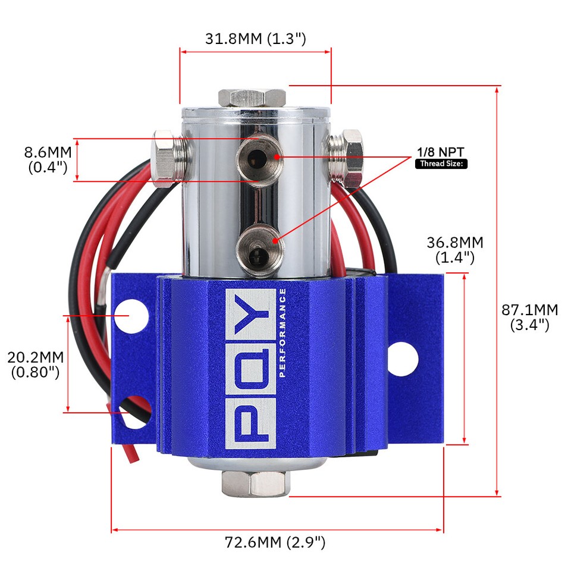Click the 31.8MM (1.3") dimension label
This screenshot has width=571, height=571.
point(255,39)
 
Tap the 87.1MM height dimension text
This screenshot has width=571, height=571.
point(530,318)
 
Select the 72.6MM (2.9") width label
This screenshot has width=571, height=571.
point(275,542)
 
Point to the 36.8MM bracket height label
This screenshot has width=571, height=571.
point(455,250)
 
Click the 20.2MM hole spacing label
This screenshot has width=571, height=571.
point(36,365)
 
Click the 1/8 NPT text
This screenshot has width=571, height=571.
point(440,152)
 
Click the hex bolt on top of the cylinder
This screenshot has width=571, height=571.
point(253,98)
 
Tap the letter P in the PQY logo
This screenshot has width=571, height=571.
point(250,422)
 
